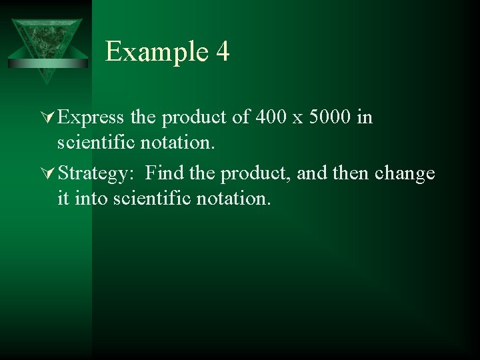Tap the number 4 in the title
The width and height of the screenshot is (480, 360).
click(223, 52)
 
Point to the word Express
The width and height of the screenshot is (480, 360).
click(91, 118)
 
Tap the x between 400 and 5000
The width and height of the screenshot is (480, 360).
click(298, 119)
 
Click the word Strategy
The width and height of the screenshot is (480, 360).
click(97, 174)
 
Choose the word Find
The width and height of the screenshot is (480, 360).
click(165, 174)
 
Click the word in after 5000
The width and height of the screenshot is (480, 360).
click(365, 118)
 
